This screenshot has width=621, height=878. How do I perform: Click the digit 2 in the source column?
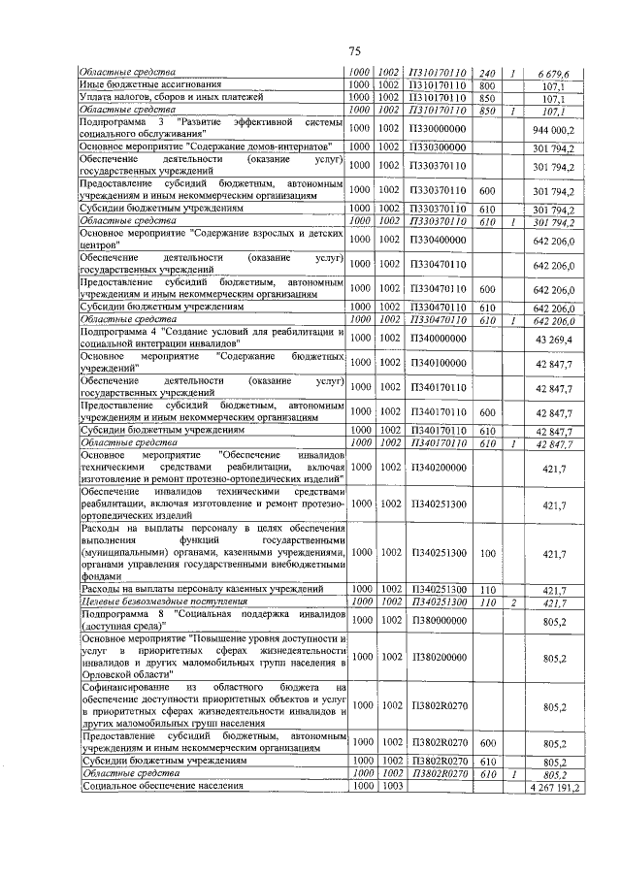pos(513,602)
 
